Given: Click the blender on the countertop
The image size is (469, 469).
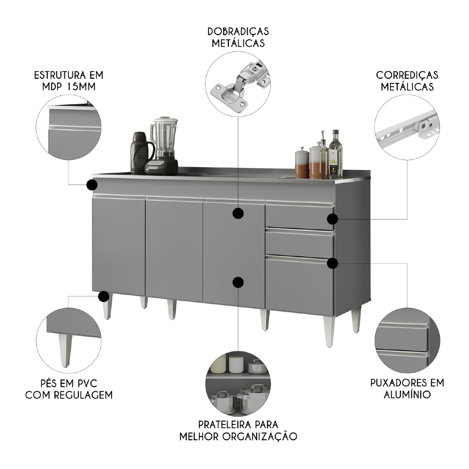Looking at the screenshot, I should (x=163, y=145).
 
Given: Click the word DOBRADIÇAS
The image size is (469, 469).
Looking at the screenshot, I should (x=238, y=32).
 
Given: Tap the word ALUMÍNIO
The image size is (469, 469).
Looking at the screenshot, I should (x=407, y=394).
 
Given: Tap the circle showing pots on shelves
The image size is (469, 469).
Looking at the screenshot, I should (x=238, y=383).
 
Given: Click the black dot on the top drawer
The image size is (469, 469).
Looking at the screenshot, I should (x=332, y=219).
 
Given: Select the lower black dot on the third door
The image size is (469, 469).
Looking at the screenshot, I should (x=238, y=282).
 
